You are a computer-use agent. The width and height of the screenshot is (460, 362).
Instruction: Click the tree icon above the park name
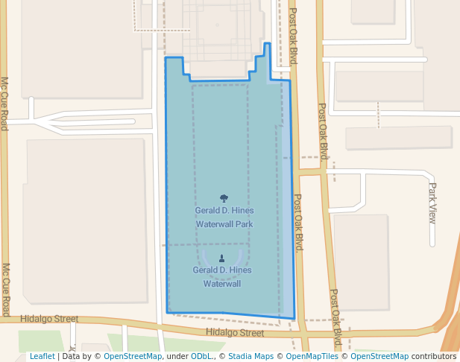(224, 198)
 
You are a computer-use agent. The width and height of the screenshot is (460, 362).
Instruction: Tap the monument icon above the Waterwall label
(221, 258)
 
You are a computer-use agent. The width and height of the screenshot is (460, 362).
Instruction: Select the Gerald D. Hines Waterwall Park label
(224, 217)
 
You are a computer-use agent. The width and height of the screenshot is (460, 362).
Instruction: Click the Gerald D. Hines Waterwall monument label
(222, 276)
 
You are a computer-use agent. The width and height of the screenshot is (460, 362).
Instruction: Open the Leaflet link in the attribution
(42, 357)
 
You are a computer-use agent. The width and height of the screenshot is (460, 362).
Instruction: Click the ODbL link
(201, 357)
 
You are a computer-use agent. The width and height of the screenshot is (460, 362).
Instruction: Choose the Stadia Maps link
(250, 357)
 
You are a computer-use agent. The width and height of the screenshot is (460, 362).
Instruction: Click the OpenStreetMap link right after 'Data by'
(133, 357)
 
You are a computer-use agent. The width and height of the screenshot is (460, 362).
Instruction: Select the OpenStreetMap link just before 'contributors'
(379, 357)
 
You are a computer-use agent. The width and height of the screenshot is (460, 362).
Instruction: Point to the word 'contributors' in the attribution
(433, 357)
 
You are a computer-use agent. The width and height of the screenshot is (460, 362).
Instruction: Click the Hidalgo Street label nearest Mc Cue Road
(50, 319)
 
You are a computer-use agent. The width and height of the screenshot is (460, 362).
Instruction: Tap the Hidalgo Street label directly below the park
(235, 333)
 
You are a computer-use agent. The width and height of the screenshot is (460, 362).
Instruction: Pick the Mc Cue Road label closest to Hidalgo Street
(6, 290)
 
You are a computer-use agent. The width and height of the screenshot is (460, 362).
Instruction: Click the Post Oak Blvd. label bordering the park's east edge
(297, 223)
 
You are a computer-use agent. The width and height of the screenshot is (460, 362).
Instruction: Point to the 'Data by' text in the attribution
(78, 357)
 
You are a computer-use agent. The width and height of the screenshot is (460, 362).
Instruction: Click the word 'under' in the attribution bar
(177, 357)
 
